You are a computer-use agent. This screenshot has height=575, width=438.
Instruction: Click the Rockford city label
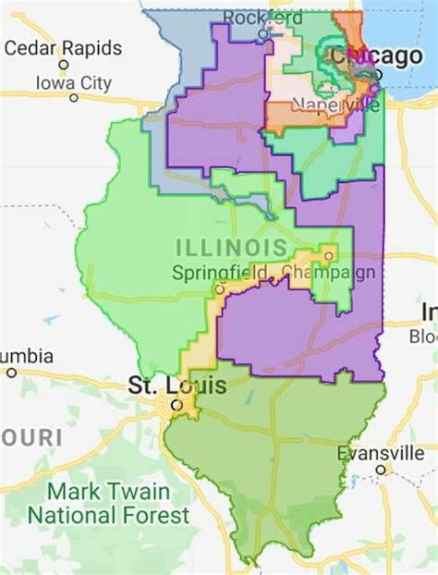[x=262, y=18]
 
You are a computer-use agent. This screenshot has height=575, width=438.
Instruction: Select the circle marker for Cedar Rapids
[x=63, y=65]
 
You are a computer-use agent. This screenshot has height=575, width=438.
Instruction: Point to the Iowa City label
[x=73, y=83]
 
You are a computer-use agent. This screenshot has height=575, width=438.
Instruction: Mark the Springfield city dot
[x=219, y=288]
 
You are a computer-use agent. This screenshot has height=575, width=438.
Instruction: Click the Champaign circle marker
[x=327, y=255]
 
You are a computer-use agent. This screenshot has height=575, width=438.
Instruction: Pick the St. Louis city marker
[x=175, y=404]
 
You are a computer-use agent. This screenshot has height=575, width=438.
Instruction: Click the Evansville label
[x=379, y=453]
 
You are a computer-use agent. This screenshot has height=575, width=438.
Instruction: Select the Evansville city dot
[x=379, y=470]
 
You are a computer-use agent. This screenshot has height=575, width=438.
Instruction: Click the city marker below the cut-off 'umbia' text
[x=11, y=373]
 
